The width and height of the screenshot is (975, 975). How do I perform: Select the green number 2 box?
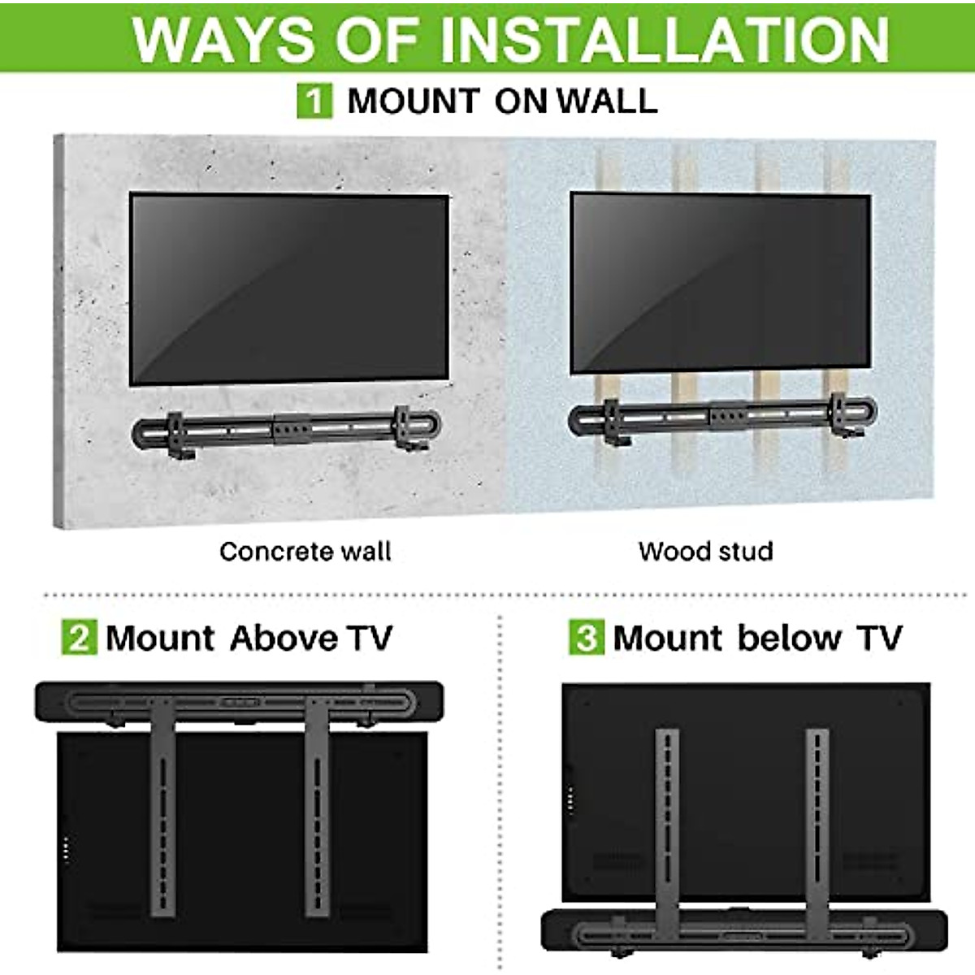point(79,638)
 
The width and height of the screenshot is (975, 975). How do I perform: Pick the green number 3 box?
point(586,638)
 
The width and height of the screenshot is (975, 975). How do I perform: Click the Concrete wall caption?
point(305,552)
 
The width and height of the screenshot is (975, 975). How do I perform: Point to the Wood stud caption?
point(705,552)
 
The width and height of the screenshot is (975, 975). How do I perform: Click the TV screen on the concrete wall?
point(288,288)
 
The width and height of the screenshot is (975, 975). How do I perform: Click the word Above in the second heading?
point(283,638)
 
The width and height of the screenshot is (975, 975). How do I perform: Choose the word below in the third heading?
point(789,638)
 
